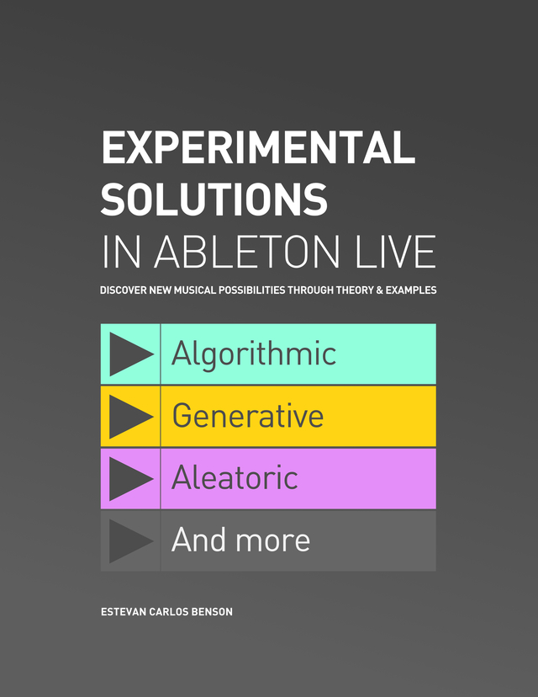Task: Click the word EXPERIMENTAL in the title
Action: [257, 149]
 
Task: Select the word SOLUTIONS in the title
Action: [214, 199]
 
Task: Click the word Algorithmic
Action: [254, 354]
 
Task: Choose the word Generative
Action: [248, 416]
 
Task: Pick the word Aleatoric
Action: [235, 478]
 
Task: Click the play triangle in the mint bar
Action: [129, 354]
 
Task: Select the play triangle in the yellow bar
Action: [129, 416]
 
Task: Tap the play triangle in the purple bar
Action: [129, 478]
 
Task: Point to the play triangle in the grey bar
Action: [129, 540]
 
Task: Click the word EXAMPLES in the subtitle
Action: [410, 290]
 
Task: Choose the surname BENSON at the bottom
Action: [210, 612]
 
